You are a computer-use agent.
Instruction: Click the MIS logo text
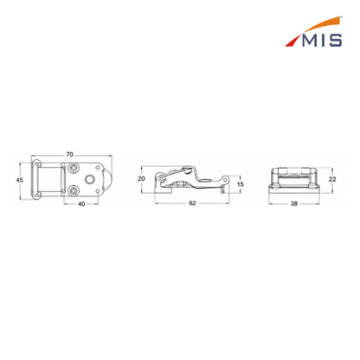click(x=322, y=41)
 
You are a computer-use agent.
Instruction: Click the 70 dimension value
click(x=69, y=155)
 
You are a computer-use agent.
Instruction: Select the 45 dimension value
click(x=19, y=180)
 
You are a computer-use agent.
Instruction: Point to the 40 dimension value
click(x=81, y=204)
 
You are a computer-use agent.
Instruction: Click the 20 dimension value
click(x=141, y=179)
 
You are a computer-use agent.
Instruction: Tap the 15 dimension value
click(x=241, y=184)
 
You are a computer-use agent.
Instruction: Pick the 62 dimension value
click(x=192, y=203)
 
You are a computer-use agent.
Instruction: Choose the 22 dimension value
click(x=332, y=179)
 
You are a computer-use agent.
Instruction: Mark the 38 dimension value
click(x=294, y=203)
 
